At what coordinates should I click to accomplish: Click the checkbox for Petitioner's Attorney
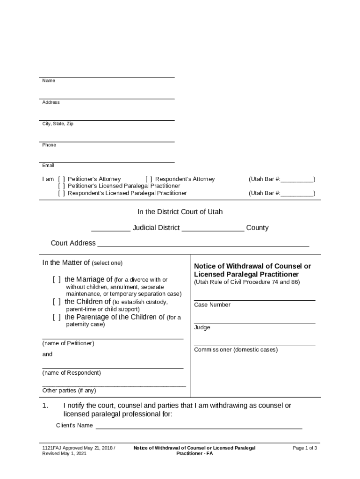click(61, 179)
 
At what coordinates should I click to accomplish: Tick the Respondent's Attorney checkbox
click(149, 179)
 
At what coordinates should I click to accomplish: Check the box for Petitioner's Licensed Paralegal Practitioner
click(61, 186)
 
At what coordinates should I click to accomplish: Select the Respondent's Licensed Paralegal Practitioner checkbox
click(61, 193)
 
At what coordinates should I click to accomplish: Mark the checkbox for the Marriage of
click(57, 280)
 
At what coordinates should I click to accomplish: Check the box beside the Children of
click(57, 302)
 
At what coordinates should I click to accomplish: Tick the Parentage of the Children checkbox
click(57, 317)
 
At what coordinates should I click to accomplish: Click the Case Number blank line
click(254, 300)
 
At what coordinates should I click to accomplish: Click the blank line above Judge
click(254, 322)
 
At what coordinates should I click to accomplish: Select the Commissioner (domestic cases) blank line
click(254, 345)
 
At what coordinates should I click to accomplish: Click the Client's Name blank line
click(199, 428)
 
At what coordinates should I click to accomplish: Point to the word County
click(257, 228)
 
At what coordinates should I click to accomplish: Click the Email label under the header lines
click(48, 166)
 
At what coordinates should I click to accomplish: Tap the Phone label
click(49, 145)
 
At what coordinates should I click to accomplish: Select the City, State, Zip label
click(58, 124)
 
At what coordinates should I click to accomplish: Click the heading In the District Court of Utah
click(180, 212)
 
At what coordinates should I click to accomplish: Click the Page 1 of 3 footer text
click(305, 448)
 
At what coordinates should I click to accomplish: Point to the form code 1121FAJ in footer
click(52, 448)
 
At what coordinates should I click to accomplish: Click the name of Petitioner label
click(68, 343)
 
